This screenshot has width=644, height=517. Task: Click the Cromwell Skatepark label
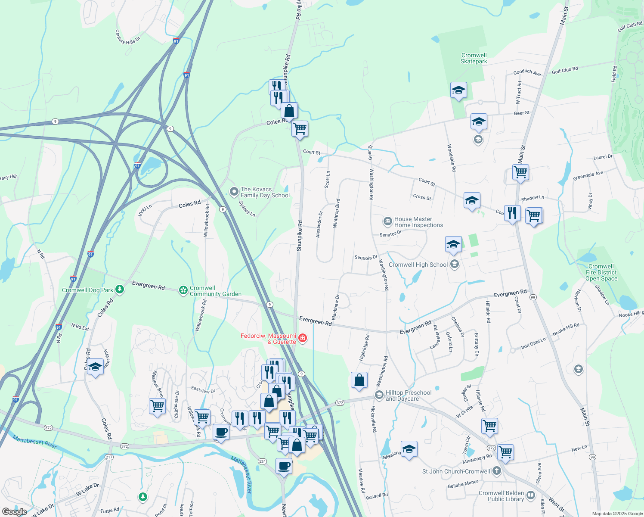point(474,59)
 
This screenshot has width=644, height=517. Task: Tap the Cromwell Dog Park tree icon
point(120,290)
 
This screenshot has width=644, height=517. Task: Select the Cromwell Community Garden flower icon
point(183,290)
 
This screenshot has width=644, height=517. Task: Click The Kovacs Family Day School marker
point(234,192)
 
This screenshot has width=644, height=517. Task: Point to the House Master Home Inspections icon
point(387,221)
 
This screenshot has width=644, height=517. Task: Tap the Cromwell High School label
point(418,265)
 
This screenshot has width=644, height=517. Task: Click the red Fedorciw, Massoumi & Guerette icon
point(303,338)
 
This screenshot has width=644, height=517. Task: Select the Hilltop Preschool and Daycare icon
point(379,395)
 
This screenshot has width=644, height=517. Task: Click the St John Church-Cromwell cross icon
point(497,471)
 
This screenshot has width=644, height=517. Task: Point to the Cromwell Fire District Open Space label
point(601,273)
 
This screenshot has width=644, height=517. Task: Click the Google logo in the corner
point(14,511)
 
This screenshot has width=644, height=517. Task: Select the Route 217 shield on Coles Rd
point(108,457)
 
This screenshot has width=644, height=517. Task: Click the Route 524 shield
point(262,461)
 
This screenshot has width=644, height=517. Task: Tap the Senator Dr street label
point(390,234)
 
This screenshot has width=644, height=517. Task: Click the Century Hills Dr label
point(127,37)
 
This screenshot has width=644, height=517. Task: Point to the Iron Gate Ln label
point(533,343)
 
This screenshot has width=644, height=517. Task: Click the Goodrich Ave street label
point(527,73)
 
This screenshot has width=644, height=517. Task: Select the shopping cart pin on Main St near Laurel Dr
point(520,172)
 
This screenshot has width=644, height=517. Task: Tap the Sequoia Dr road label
point(365,258)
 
